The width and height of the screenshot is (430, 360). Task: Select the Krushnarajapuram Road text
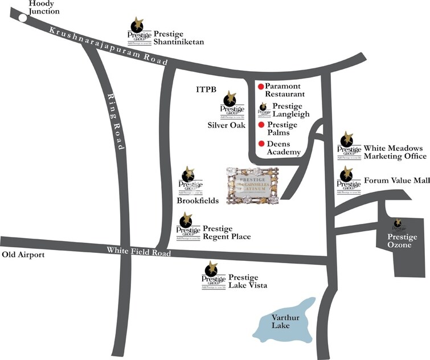108,45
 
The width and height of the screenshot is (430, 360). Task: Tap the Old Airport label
23,255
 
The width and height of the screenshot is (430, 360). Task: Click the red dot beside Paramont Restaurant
261,87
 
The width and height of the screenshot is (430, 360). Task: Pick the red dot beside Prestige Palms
261,125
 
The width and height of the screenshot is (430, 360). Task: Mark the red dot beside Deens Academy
261,144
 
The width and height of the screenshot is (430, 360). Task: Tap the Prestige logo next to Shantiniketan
138,32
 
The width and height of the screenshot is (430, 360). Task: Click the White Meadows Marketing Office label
395,152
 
